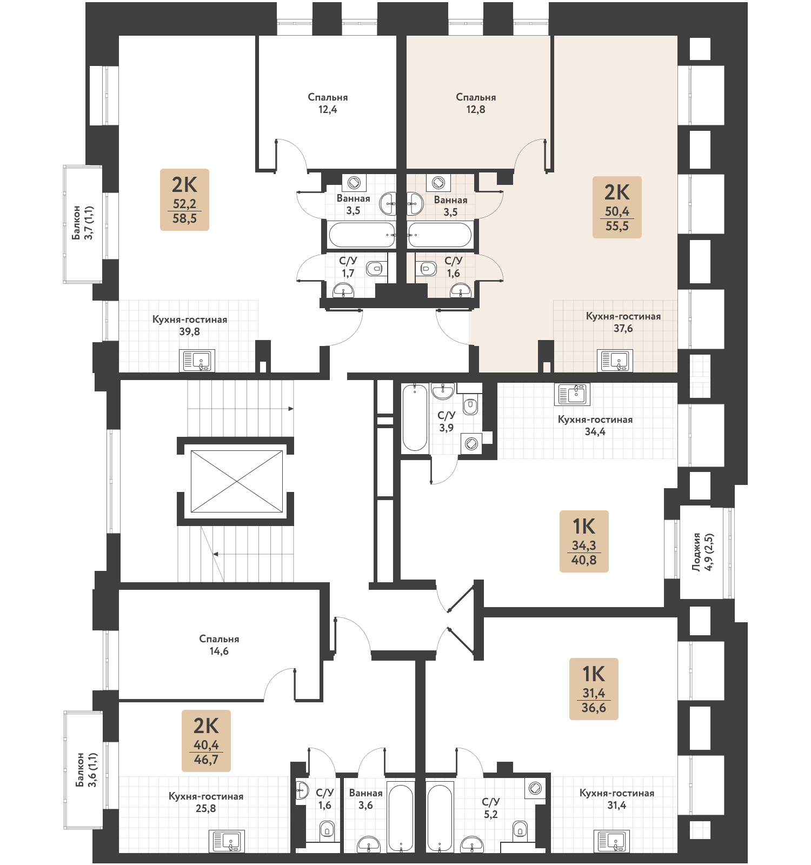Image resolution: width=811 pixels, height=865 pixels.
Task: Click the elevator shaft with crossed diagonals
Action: pos(237,481)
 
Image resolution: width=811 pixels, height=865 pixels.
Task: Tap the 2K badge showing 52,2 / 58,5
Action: pos(184,199)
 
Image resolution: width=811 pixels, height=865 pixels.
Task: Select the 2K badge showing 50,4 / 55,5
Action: pos(617,207)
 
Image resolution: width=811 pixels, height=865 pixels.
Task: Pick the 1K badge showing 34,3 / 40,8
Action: pos(584,541)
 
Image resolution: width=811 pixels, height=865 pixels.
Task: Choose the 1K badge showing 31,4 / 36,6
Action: pos(594,689)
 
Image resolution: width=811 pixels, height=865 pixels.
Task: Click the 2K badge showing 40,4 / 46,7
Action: pos(206,741)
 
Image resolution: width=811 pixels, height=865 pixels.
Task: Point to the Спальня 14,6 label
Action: pos(219,645)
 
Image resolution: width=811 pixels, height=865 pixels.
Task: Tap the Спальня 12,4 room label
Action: pos(328,103)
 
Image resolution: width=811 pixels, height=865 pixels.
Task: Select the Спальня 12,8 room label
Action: pos(476,103)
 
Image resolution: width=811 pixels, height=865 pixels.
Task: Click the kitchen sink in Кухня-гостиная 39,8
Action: pos(197,361)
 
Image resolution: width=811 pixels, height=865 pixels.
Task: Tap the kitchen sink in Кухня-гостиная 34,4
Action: pos(572,394)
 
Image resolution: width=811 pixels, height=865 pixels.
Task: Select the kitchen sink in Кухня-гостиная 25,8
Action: pos(227,841)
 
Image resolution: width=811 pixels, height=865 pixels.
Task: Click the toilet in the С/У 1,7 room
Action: pos(374,268)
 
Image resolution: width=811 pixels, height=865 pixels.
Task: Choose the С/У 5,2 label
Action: pos(491,808)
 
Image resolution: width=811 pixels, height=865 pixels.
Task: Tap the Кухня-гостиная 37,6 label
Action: pos(623,322)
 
